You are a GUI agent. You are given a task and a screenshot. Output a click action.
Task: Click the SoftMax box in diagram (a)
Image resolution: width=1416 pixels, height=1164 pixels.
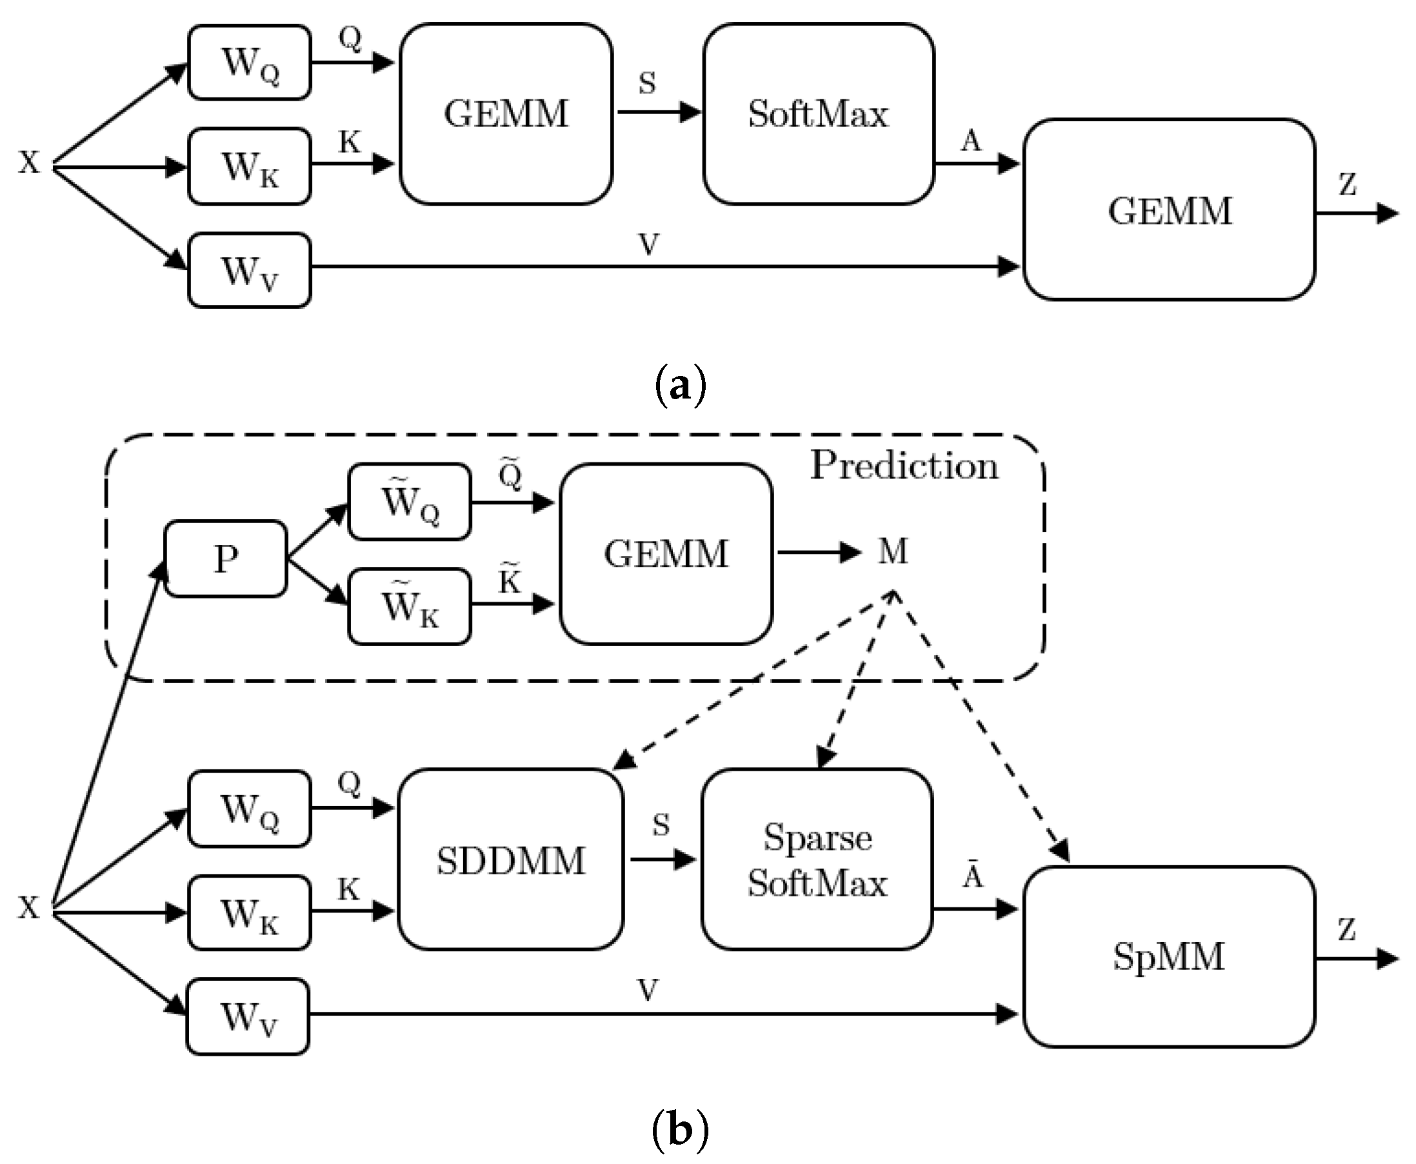click(819, 114)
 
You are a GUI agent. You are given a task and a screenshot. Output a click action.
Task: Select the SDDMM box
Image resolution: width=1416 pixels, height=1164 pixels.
click(511, 860)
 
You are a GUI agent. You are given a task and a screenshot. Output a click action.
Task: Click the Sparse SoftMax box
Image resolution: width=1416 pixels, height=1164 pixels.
click(817, 860)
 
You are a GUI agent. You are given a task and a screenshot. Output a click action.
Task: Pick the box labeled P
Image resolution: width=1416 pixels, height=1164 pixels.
click(226, 558)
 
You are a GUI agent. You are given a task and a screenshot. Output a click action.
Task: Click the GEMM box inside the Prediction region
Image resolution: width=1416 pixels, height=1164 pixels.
click(666, 554)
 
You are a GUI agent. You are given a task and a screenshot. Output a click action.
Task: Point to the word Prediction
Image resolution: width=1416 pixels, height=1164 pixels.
click(904, 466)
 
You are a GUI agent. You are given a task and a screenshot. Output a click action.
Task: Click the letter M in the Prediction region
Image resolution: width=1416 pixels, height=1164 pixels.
click(893, 552)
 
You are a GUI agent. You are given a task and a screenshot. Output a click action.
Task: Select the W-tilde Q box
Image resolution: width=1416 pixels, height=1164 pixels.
click(410, 502)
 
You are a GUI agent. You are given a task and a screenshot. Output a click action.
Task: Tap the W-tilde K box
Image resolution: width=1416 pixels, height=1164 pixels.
click(410, 607)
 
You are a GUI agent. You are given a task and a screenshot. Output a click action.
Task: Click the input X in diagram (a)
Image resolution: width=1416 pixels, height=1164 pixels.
click(30, 163)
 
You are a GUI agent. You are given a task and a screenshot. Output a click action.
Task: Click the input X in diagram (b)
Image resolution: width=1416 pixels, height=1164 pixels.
click(30, 908)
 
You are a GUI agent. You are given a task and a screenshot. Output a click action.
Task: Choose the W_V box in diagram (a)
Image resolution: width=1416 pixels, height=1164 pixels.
click(250, 271)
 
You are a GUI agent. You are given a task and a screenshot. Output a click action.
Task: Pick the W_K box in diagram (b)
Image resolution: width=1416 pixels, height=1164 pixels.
click(250, 912)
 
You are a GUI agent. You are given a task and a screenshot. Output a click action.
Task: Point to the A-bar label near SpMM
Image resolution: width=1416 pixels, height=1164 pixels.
click(973, 876)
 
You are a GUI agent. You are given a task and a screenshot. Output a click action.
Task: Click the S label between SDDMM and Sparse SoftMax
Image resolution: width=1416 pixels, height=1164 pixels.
click(661, 825)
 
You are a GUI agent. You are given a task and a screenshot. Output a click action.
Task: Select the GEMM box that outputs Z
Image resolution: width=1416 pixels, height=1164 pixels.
click(1168, 210)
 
